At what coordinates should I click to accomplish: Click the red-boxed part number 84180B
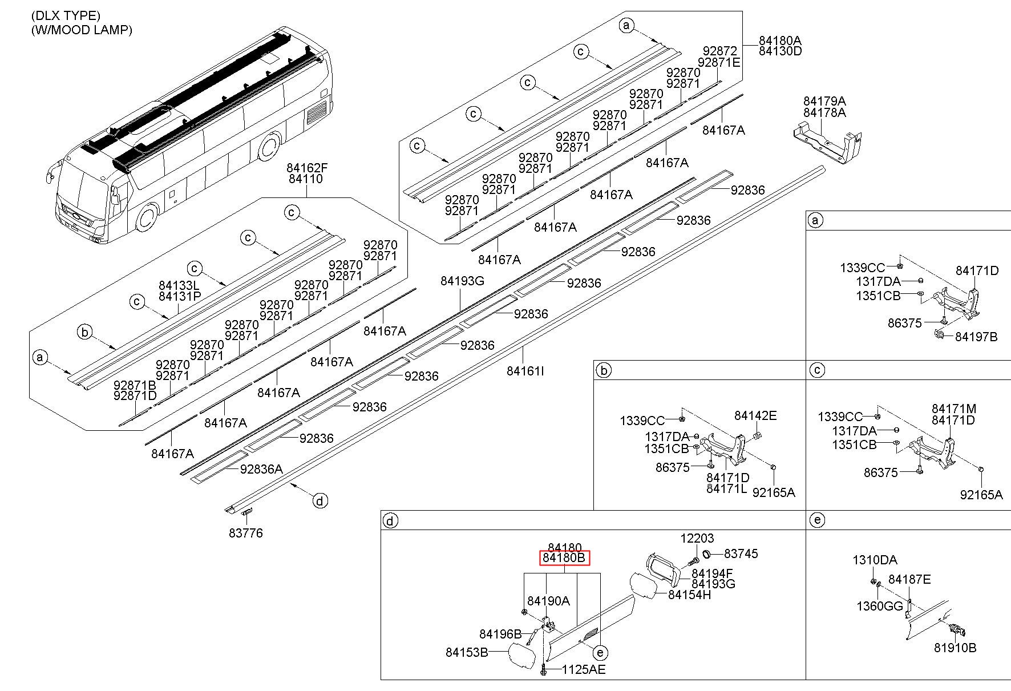point(564,557)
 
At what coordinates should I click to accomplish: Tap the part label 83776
point(246,533)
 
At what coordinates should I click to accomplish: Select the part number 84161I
point(525,371)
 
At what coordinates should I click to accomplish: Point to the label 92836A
point(261,469)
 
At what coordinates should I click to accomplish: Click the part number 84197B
point(976,337)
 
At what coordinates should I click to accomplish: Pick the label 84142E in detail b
point(755,415)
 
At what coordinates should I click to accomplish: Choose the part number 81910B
point(955,648)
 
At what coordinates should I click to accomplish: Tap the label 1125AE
point(583,669)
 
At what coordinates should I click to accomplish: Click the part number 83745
point(741,553)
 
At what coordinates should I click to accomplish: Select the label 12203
point(697,538)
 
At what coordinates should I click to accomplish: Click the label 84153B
point(467,652)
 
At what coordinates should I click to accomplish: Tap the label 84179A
point(824,102)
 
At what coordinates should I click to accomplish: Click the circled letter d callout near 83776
point(321,501)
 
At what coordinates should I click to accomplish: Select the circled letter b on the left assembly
point(85,332)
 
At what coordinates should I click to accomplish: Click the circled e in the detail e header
point(817,520)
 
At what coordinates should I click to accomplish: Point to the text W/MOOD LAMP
point(82,30)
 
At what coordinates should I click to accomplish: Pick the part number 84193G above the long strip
point(462,281)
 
